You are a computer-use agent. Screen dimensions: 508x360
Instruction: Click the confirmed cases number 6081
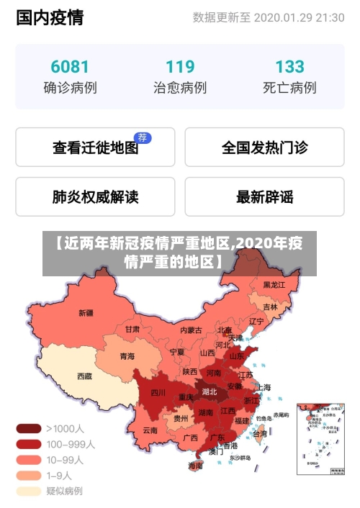pyautogui.click(x=70, y=67)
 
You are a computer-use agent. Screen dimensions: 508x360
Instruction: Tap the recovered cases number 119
pyautogui.click(x=180, y=67)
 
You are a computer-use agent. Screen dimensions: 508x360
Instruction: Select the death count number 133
pyautogui.click(x=289, y=67)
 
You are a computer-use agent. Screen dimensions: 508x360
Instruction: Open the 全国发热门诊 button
pyautogui.click(x=264, y=148)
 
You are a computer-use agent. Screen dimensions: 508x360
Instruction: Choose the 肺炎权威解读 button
pyautogui.click(x=95, y=196)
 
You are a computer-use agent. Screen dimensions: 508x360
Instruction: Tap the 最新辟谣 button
pyautogui.click(x=264, y=196)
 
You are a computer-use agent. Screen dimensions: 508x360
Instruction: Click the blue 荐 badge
pyautogui.click(x=143, y=137)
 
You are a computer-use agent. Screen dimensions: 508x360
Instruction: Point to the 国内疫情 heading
pyautogui.click(x=50, y=18)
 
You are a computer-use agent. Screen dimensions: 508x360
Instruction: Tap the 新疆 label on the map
pyautogui.click(x=86, y=313)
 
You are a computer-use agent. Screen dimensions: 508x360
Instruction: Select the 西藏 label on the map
pyautogui.click(x=84, y=376)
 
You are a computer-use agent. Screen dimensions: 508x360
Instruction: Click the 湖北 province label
pyautogui.click(x=209, y=392)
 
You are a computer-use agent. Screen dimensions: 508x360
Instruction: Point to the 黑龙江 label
pyautogui.click(x=274, y=285)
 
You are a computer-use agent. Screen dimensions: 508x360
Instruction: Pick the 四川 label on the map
pyautogui.click(x=158, y=393)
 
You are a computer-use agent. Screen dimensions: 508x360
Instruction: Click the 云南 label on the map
pyautogui.click(x=150, y=430)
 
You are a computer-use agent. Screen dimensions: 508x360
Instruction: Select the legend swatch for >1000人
pyautogui.click(x=29, y=428)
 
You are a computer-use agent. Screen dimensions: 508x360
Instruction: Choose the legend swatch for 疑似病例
pyautogui.click(x=29, y=491)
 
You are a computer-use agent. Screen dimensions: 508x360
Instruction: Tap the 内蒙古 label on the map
pyautogui.click(x=191, y=330)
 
